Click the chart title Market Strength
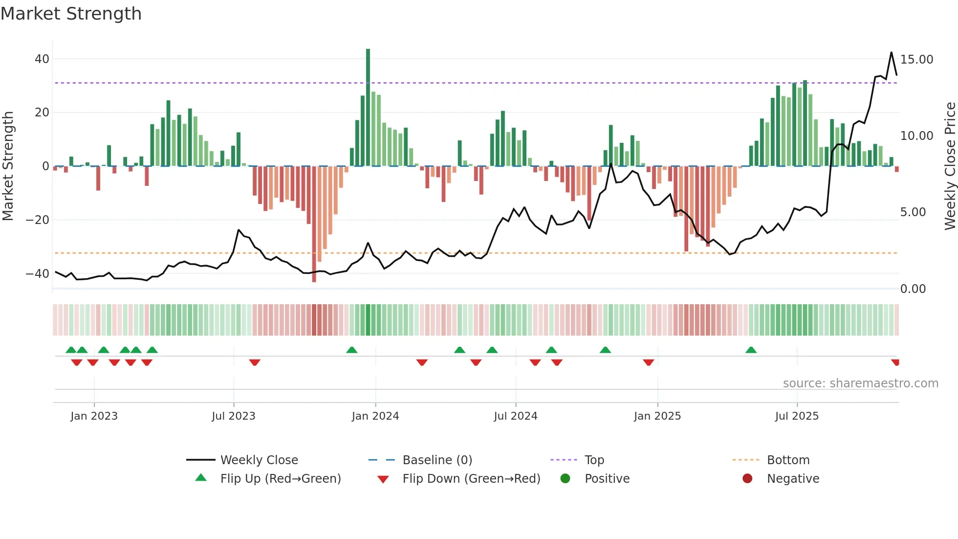click(x=71, y=14)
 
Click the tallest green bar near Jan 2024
click(x=368, y=108)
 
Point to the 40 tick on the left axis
click(x=42, y=59)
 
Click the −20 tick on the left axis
click(x=38, y=220)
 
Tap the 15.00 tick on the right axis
click(x=916, y=60)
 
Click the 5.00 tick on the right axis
click(x=913, y=212)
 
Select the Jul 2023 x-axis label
click(x=234, y=416)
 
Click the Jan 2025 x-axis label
click(x=657, y=416)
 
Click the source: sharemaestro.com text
click(x=860, y=383)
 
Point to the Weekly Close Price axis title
click(x=950, y=166)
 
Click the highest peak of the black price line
click(x=892, y=52)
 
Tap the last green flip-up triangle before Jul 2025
click(x=751, y=350)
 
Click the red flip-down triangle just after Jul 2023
click(x=255, y=362)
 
